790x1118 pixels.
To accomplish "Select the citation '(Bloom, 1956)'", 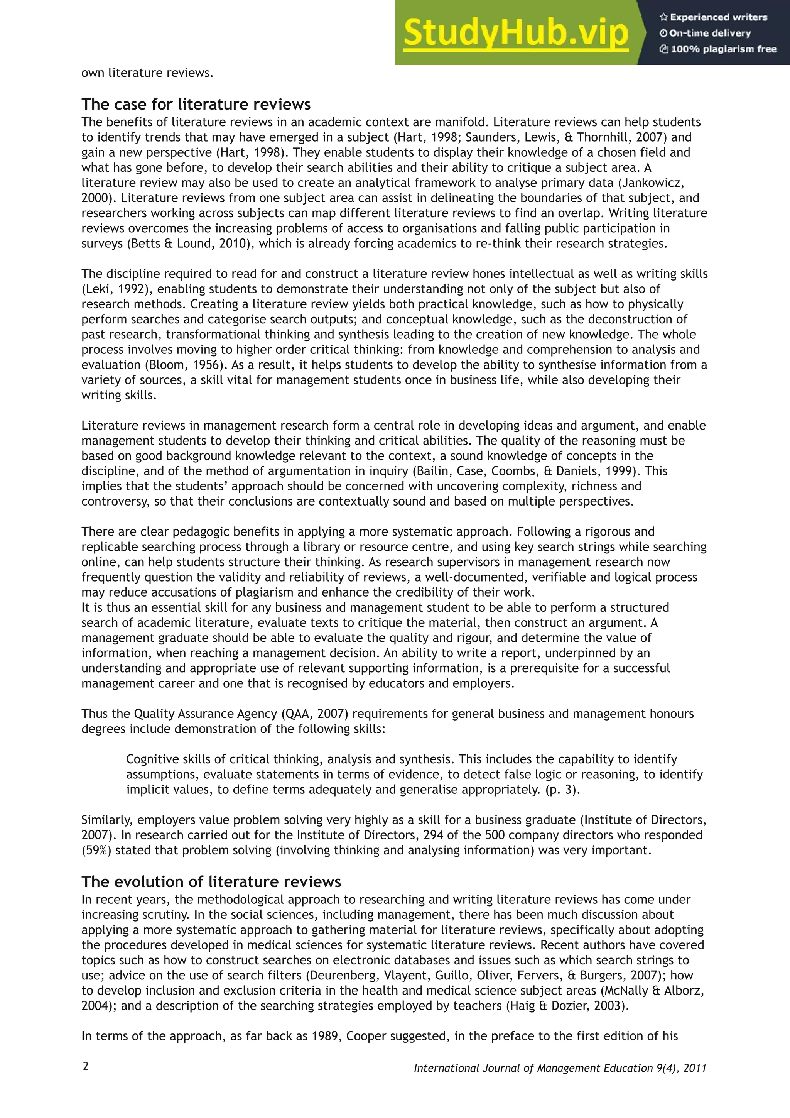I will [x=158, y=365].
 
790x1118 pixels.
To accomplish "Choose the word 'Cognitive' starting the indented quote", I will [x=153, y=759].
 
